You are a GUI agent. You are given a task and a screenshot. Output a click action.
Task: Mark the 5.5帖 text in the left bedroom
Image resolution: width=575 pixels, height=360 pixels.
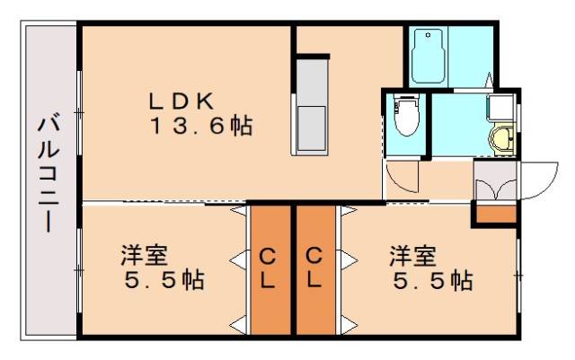164,281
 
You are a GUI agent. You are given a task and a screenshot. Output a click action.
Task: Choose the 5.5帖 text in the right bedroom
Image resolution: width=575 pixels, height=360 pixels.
433,281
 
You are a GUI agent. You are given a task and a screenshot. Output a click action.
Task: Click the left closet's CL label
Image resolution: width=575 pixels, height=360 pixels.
269,268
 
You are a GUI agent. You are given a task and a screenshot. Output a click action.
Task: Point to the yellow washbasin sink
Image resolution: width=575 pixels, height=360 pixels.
502,140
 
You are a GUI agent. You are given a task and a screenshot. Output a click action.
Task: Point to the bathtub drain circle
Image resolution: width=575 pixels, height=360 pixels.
425,39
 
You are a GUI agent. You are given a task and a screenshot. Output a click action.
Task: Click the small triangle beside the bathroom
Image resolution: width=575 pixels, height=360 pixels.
489,78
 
